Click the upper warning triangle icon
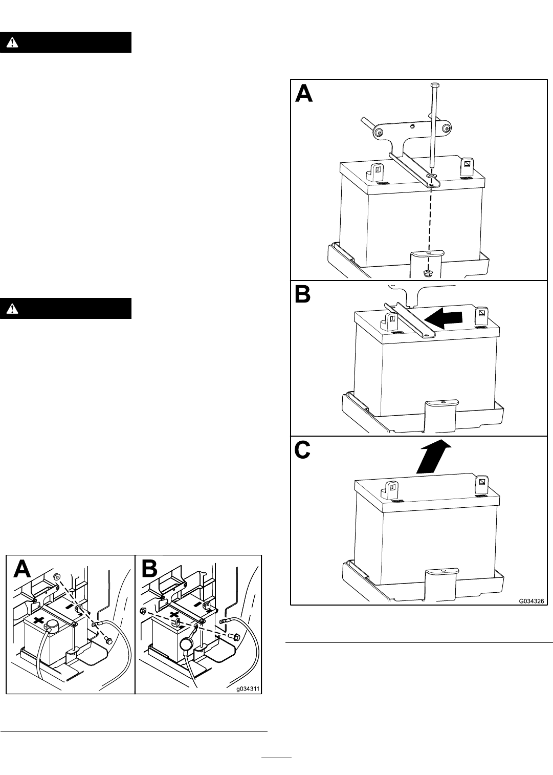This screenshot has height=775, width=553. click(x=12, y=42)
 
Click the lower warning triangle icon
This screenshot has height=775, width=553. click(x=12, y=308)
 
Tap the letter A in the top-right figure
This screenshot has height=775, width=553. click(x=304, y=94)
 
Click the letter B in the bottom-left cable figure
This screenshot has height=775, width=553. click(x=149, y=569)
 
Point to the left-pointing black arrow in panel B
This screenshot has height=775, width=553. click(x=443, y=319)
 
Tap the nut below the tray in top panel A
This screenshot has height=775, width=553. click(x=428, y=273)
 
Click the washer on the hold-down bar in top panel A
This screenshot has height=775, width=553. click(x=431, y=177)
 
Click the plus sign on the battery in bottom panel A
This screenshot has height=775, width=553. click(x=38, y=618)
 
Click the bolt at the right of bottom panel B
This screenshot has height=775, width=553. click(x=234, y=635)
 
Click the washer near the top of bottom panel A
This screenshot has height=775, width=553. click(x=56, y=576)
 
